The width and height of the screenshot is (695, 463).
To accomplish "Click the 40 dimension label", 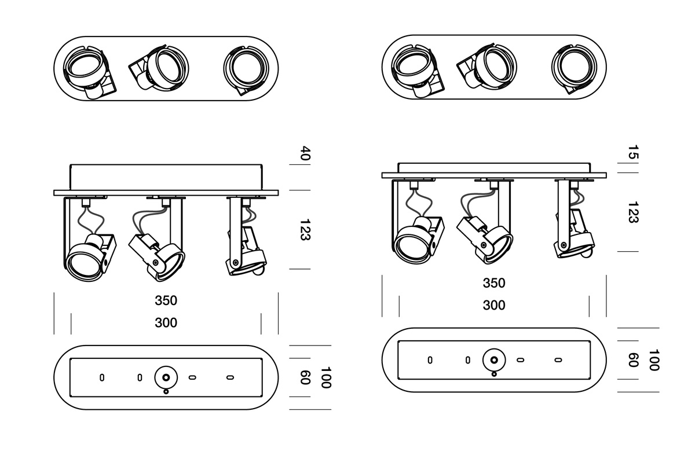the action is [305, 153].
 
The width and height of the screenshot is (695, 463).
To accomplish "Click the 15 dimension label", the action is [633, 152].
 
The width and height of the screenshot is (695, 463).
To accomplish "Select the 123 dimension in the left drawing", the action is [305, 230].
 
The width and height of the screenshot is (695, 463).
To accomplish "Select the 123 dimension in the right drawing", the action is [633, 212].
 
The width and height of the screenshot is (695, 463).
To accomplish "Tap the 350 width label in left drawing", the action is [166, 300].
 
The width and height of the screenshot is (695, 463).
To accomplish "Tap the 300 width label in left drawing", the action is [166, 323].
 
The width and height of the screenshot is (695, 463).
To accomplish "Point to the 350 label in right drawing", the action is [494, 283].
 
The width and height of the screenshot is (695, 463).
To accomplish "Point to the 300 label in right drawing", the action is [494, 306].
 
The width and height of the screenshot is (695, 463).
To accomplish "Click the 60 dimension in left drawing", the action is [305, 377].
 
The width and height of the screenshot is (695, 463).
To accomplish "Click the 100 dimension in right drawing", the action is [654, 360].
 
